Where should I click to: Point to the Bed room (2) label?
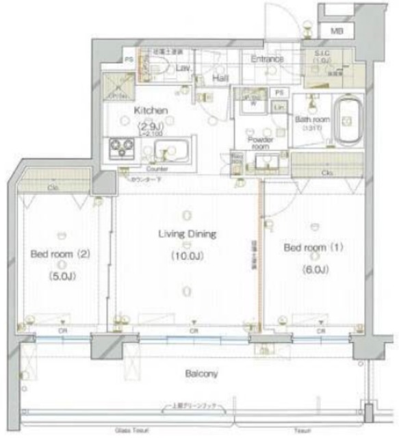tap(61, 255)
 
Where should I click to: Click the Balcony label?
tap(201, 374)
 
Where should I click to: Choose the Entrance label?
tap(266, 60)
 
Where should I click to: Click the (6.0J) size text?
tap(315, 268)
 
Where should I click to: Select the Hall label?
tap(220, 79)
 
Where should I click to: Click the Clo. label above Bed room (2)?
tap(52, 185)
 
